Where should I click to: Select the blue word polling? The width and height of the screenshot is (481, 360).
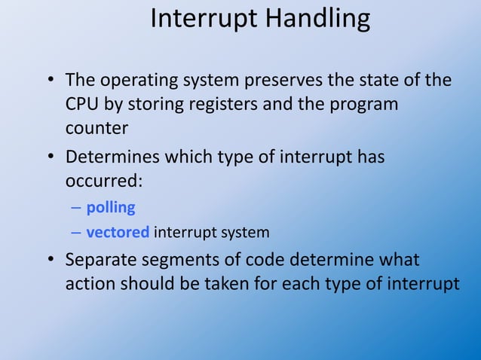[111, 207]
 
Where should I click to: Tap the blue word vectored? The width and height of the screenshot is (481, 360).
[118, 232]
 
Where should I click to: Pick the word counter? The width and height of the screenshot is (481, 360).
[97, 128]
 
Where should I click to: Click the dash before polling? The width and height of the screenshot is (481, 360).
[76, 208]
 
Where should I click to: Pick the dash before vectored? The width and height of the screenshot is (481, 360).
[76, 233]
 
